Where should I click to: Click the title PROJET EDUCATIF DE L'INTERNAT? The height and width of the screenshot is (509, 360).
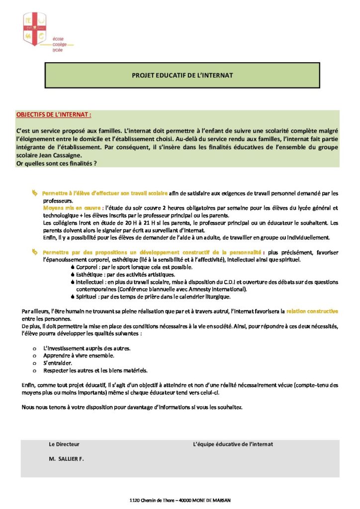[x=182, y=75]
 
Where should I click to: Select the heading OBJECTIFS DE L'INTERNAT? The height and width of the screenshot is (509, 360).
[x=54, y=114]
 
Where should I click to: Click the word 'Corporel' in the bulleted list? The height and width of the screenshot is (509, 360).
[x=87, y=267]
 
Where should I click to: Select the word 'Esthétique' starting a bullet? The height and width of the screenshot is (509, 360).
[x=90, y=274]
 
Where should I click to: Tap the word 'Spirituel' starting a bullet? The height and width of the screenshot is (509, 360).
[x=88, y=297]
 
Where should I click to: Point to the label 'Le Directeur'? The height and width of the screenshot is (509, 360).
[x=64, y=444]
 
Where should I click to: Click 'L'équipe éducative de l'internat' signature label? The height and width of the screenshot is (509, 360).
[x=233, y=444]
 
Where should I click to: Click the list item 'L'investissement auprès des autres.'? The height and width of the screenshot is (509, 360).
[x=87, y=348]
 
